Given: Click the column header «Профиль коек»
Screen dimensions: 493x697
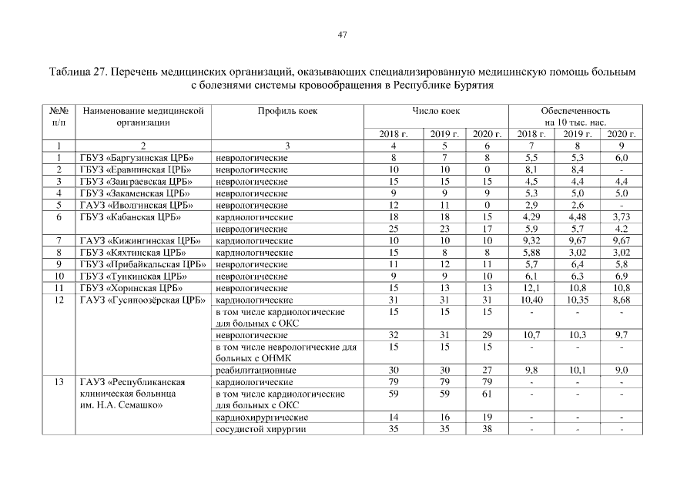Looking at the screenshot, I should [x=287, y=111].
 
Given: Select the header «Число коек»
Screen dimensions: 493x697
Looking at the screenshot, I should [x=436, y=111].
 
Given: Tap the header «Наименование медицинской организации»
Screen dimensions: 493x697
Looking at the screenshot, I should [x=142, y=116].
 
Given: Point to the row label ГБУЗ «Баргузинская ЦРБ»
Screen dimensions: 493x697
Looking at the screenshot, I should [x=136, y=158].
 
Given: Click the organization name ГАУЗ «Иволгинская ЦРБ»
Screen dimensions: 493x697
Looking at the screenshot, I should [x=136, y=206].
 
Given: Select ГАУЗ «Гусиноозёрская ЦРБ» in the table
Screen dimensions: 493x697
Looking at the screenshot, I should [x=142, y=300].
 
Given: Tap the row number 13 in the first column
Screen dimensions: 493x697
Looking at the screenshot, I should [x=59, y=382].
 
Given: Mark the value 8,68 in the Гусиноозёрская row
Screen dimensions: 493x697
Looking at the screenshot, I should [x=621, y=300].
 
